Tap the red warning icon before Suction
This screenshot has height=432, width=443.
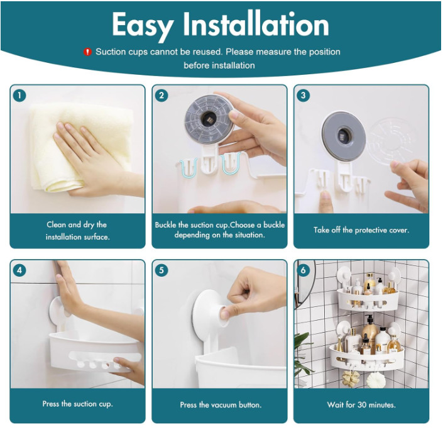click(88, 52)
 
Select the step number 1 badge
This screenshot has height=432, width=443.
click(20, 96)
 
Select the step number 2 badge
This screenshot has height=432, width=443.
click(162, 96)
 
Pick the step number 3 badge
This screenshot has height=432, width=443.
click(304, 96)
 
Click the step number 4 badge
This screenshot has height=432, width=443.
click(20, 270)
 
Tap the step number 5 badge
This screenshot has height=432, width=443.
click(162, 270)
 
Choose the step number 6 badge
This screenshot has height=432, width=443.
click(304, 270)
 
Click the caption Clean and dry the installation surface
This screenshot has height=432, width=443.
click(77, 230)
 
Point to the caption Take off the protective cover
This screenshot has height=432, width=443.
click(361, 230)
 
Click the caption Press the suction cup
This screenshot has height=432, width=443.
click(77, 404)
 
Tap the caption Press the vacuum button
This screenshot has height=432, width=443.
click(219, 404)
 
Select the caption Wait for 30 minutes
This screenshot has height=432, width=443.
click(361, 404)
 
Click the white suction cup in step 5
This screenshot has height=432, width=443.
click(211, 311)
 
